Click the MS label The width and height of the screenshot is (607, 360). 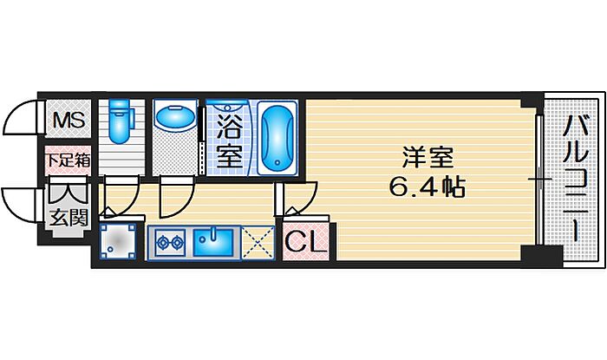[x=67, y=121]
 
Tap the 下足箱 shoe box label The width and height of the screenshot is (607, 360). [x=67, y=160]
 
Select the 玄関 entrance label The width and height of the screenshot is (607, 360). [x=69, y=217]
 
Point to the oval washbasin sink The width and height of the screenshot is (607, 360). [x=176, y=117]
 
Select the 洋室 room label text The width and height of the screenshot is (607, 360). [x=427, y=158]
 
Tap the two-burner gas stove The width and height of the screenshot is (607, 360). [x=168, y=242]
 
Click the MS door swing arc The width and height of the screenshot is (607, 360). [x=19, y=120]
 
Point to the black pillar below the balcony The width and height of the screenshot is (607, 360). [x=543, y=259]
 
